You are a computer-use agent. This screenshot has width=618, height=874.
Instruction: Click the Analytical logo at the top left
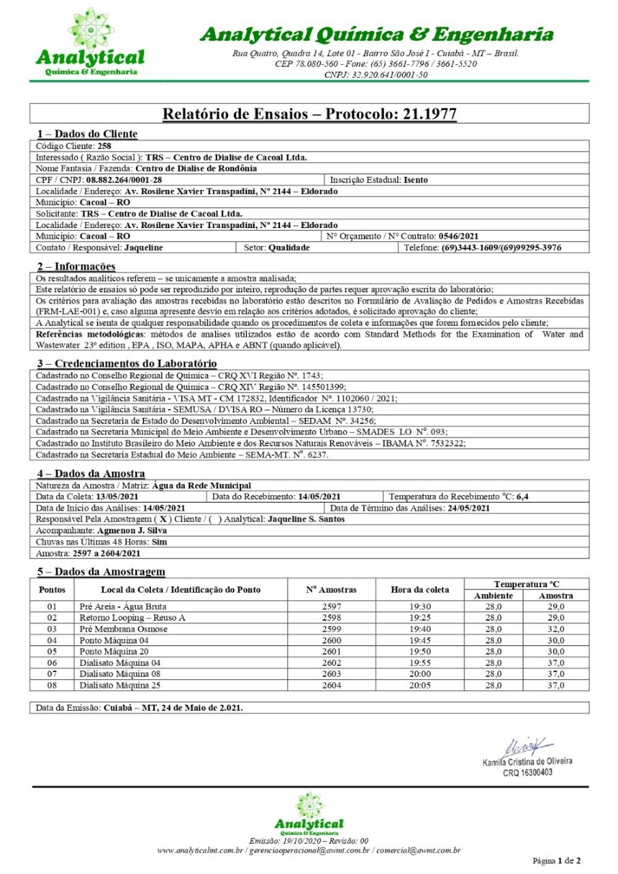point(90,42)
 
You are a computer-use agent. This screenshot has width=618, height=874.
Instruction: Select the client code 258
point(104,146)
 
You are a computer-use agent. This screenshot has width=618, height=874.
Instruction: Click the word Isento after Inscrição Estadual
point(417,180)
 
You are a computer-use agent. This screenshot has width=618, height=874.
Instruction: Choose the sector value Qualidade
point(289,247)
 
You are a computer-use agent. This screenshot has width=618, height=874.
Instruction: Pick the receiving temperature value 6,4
point(522,496)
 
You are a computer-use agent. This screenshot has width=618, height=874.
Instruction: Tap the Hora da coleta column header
point(420,589)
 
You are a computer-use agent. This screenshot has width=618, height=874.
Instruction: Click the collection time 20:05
point(420,686)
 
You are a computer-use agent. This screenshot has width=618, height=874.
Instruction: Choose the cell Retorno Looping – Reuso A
point(132,617)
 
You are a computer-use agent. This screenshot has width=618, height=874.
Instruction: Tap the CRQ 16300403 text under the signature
point(527,772)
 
